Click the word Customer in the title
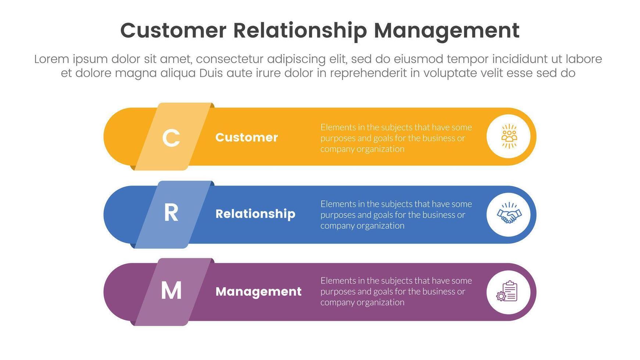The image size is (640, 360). (x=173, y=30)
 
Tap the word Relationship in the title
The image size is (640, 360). (x=300, y=30)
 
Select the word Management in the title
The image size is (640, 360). (x=446, y=30)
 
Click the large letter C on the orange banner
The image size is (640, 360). (x=171, y=138)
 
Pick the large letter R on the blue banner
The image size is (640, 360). (x=171, y=213)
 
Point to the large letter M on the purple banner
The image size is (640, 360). (x=171, y=291)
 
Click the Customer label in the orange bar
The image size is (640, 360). (x=247, y=137)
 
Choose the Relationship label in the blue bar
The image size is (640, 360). (x=255, y=214)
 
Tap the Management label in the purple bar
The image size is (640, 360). (x=258, y=292)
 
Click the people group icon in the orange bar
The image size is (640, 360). (x=509, y=137)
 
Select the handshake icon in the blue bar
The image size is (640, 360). (x=509, y=214)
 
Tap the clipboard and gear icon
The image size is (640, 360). (x=507, y=292)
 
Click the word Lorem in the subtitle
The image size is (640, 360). (x=51, y=59)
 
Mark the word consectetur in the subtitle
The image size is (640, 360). (x=232, y=59)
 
